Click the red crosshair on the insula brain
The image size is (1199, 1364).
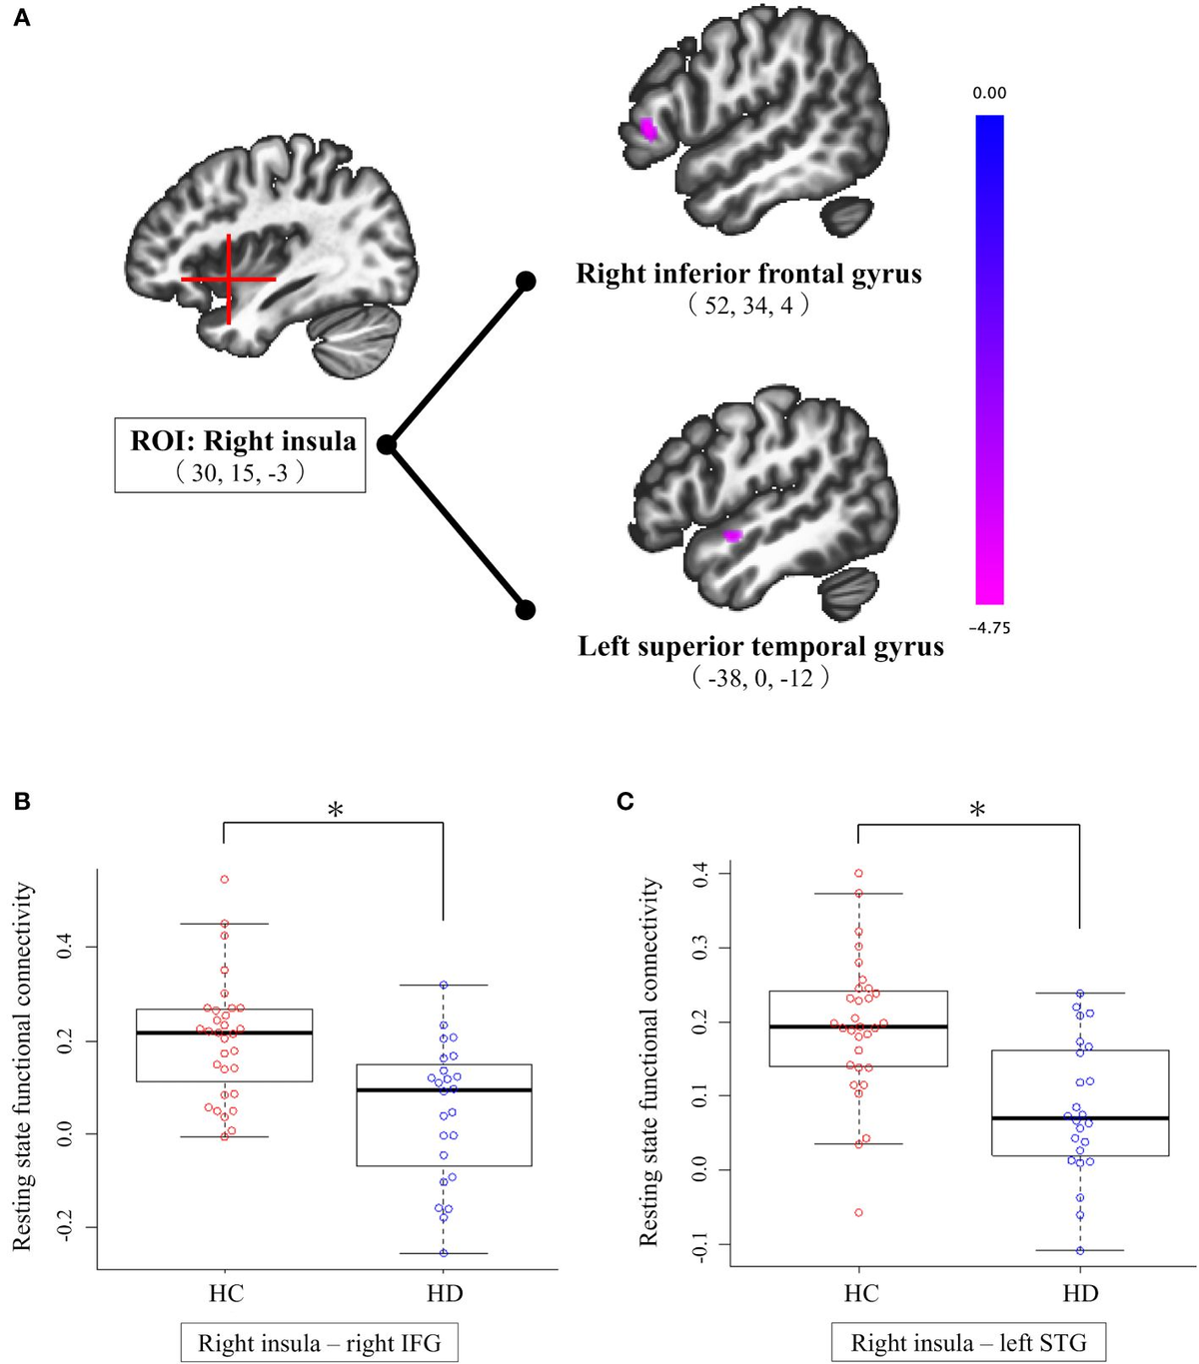[x=229, y=280]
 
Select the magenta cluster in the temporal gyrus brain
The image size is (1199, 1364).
[x=733, y=535]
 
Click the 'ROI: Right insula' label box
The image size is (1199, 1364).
[x=241, y=454]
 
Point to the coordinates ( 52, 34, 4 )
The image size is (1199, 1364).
[x=748, y=306]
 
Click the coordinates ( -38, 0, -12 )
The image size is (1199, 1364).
[x=760, y=679]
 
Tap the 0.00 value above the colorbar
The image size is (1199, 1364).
[x=989, y=93]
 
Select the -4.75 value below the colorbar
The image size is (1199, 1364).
[x=989, y=628]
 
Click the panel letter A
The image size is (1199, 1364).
[x=21, y=17]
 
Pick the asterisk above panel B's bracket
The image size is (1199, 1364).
[x=336, y=810]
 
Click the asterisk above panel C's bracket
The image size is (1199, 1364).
[x=977, y=810]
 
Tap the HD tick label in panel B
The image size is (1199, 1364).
[x=445, y=1293]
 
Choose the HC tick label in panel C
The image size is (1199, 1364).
[x=860, y=1293]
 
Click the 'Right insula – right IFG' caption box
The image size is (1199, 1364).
[x=320, y=1343]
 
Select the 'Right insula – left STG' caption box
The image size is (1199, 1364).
[x=968, y=1343]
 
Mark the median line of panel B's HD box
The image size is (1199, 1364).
[x=444, y=1089]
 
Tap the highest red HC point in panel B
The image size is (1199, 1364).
[x=225, y=880]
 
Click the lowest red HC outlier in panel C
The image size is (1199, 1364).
[x=858, y=1212]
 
